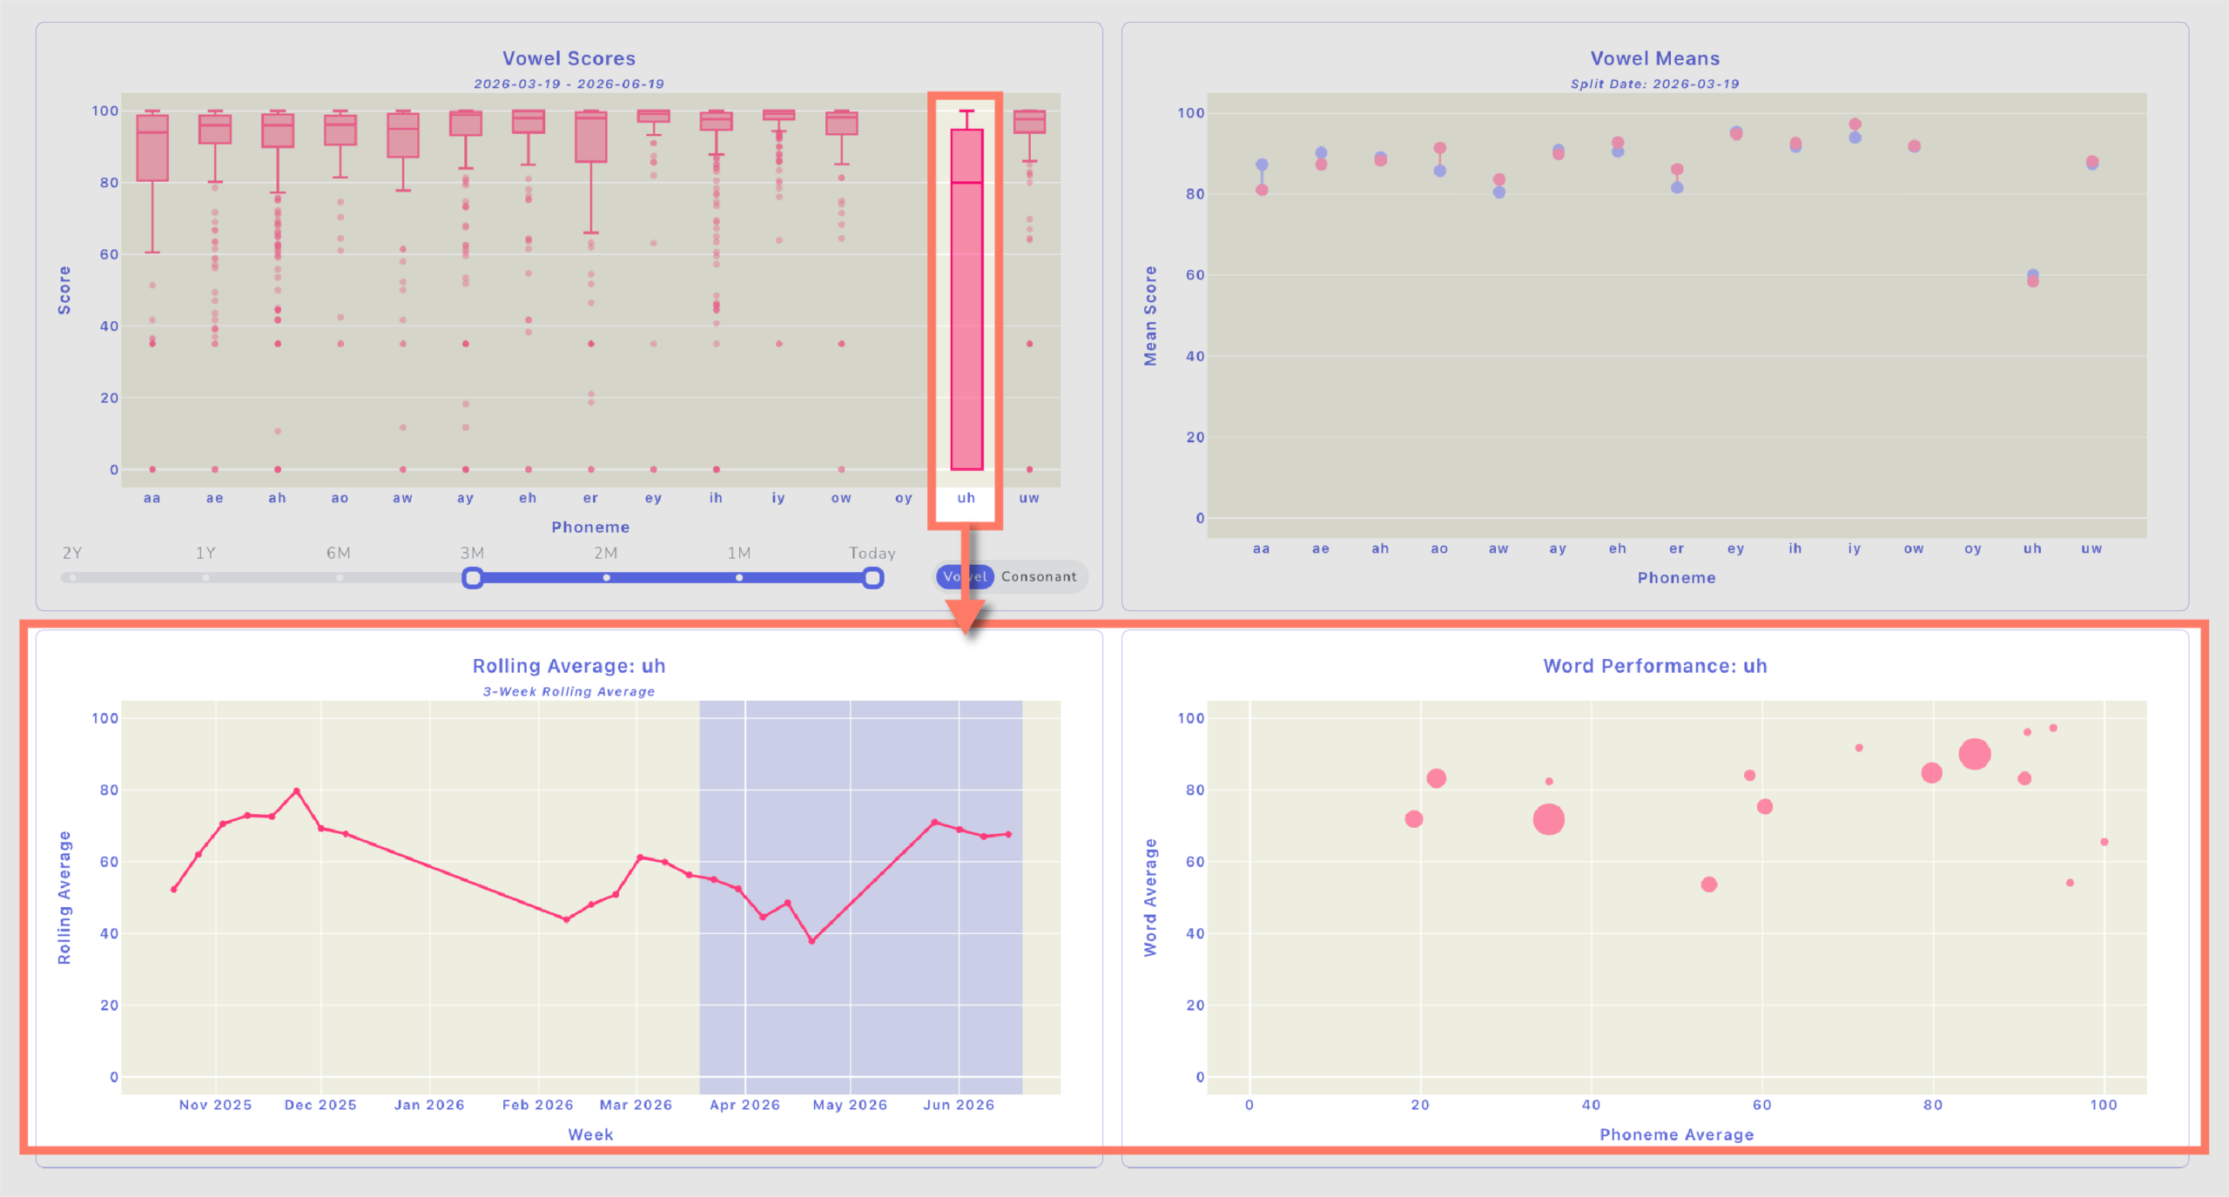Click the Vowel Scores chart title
[569, 58]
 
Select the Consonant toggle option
[1039, 576]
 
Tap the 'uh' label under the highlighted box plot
[966, 498]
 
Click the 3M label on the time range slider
[472, 553]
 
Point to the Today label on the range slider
[872, 553]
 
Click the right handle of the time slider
[872, 577]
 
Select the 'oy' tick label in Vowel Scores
[904, 498]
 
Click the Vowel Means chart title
[1655, 58]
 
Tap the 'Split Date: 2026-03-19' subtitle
[1655, 84]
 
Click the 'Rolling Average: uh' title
[569, 666]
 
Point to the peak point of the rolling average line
[297, 791]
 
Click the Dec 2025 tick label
[320, 1105]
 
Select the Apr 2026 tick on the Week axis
[744, 1105]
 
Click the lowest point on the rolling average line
[811, 941]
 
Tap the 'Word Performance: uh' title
[1655, 666]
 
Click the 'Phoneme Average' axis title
[1677, 1134]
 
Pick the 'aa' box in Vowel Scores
[152, 148]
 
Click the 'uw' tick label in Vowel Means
[2091, 548]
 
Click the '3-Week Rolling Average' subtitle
[569, 692]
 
